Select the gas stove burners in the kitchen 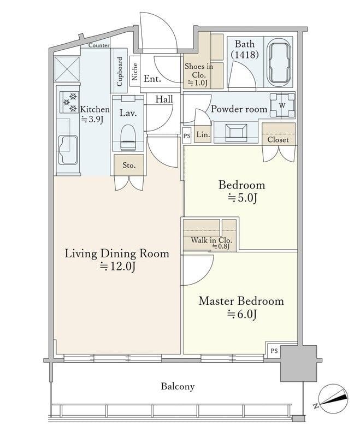point(69,102)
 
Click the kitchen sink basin point(68,150)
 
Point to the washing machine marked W point(282,105)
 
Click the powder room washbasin point(236,132)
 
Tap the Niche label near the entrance point(135,72)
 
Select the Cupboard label point(120,72)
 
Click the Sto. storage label point(129,166)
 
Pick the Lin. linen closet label point(203,134)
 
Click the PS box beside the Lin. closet point(187,135)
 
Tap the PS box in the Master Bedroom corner point(274,351)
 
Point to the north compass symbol point(333,398)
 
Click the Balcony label point(178,386)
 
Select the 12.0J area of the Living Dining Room point(118,267)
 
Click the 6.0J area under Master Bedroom point(242,315)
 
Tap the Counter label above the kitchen point(99,45)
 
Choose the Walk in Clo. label point(211,240)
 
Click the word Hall point(164,99)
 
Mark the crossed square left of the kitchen point(67,69)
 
